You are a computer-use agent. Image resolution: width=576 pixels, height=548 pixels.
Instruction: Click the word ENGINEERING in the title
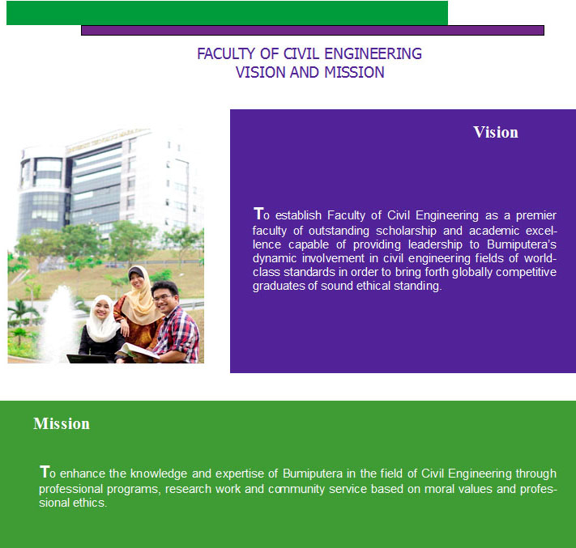[373, 53]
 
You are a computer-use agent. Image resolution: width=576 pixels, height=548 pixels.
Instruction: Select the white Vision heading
[496, 132]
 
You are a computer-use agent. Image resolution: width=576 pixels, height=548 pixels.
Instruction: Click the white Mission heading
[62, 423]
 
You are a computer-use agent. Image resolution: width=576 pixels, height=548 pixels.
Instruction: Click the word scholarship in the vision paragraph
[406, 231]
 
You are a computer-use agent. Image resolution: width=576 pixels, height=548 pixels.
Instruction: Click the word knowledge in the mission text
[159, 474]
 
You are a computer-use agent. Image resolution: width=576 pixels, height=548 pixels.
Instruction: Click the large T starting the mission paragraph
[44, 471]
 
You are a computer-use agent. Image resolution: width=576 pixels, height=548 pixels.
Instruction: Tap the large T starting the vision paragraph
[258, 213]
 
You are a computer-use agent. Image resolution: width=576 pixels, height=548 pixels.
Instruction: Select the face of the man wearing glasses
[163, 298]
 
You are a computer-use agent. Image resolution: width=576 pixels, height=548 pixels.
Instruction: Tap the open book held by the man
[137, 351]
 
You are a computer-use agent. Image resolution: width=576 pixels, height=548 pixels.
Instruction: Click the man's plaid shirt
[177, 335]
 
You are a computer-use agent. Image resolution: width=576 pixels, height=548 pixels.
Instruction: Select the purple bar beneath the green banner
[313, 31]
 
